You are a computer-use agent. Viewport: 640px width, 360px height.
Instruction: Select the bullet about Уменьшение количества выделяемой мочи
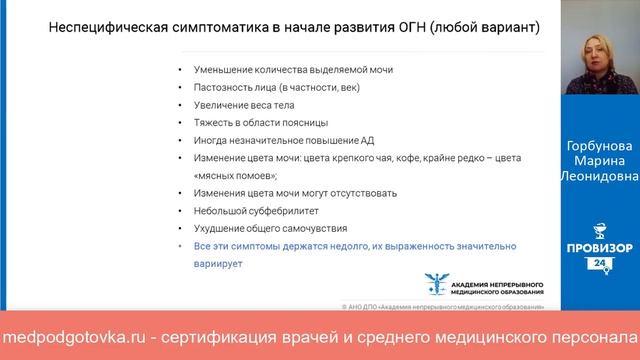(x=265, y=69)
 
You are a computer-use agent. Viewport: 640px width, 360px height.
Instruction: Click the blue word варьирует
(x=213, y=264)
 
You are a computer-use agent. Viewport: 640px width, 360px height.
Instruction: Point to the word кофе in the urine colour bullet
(x=404, y=158)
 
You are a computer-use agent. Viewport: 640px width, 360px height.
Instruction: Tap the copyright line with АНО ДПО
(x=445, y=306)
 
